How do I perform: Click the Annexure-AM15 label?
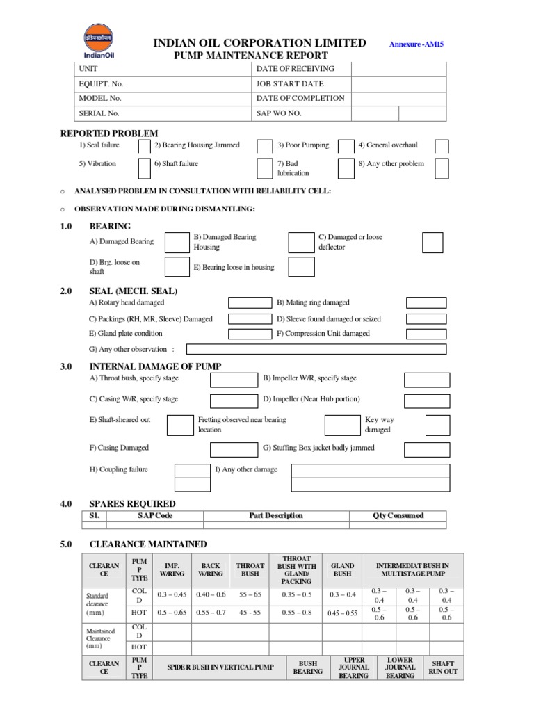pos(417,44)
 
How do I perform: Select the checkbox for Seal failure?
pos(144,146)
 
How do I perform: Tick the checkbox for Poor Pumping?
pos(345,146)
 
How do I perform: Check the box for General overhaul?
pos(442,146)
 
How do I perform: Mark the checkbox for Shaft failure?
pos(144,168)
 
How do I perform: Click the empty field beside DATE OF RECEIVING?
pos(398,69)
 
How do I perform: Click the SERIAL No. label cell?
pos(163,113)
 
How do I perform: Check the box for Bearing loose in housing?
pos(301,267)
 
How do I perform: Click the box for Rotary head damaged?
pos(250,302)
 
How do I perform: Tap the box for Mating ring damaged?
pos(426,302)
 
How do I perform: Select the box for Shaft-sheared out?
pos(179,425)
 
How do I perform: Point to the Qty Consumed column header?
pos(398,516)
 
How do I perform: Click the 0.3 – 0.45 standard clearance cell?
pos(172,595)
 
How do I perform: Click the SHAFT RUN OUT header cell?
pos(443,668)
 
